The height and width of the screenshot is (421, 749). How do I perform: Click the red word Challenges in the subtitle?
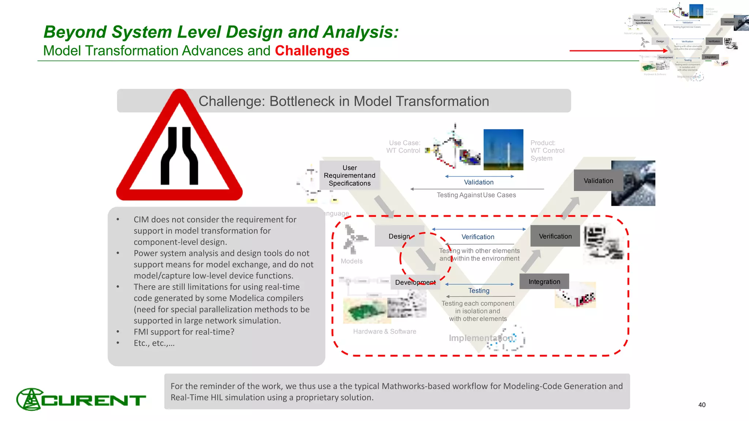point(312,51)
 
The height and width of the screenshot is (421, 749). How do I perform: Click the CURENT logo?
point(81,399)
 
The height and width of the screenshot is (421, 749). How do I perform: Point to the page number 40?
point(702,405)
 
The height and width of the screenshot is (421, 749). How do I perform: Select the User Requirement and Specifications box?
point(350,175)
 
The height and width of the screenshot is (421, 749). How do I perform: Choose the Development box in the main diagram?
point(415,282)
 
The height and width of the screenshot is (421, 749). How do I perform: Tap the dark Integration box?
point(544,281)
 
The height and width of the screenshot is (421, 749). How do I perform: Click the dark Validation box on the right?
point(598,181)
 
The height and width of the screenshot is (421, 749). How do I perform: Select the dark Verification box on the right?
point(555,236)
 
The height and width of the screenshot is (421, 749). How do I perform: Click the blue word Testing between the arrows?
point(479,291)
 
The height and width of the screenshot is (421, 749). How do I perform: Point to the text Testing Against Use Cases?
point(476,195)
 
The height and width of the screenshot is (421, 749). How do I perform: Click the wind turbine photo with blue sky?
point(503,149)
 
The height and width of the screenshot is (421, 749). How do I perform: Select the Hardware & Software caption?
point(384,331)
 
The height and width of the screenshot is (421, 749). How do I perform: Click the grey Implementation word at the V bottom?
point(480,338)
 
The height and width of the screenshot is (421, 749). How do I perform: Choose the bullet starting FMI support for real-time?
point(184,332)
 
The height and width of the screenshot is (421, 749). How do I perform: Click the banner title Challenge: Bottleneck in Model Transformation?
point(343,101)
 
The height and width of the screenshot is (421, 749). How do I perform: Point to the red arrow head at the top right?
point(666,51)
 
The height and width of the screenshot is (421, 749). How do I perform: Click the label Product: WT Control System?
point(547,151)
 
